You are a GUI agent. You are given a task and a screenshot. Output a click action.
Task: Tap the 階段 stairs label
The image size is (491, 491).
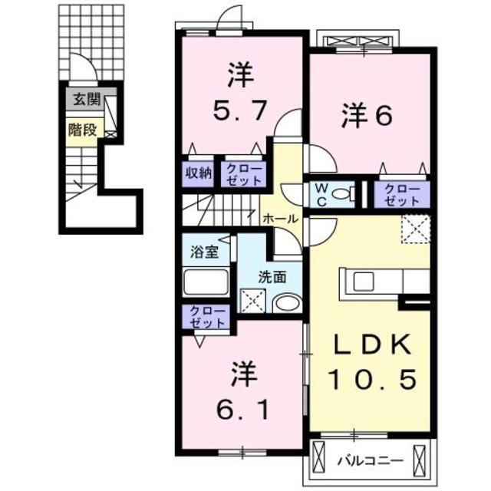82,129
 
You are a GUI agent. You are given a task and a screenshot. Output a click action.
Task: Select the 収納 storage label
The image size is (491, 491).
197,172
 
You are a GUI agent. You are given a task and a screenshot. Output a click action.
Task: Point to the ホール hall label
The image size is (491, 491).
280,219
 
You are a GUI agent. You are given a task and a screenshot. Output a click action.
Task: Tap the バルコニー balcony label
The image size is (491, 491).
371,461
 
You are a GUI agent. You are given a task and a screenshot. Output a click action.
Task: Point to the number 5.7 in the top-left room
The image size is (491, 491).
239,112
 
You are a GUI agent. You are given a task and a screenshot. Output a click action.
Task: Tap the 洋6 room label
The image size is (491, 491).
368,115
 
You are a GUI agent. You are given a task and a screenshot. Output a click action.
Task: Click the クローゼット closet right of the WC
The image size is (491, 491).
402,193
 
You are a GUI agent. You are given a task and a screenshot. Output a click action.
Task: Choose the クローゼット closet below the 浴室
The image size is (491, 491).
205,317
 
